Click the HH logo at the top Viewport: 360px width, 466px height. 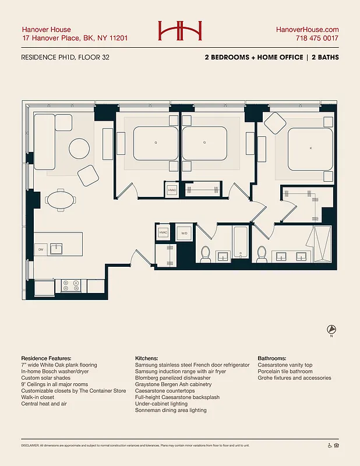coord(180,31)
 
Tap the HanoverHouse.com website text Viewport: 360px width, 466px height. coord(307,29)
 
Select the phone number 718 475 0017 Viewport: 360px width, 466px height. coord(317,38)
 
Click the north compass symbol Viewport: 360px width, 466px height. coord(331,329)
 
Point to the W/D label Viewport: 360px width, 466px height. coord(185,234)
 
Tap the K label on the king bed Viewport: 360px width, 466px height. coord(310,149)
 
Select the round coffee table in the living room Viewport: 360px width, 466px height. coord(80,148)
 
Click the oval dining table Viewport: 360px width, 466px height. coord(61,200)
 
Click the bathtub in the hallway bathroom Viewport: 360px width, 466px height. coord(241,242)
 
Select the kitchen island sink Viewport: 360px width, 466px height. coord(57,249)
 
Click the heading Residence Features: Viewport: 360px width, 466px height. coord(46,358)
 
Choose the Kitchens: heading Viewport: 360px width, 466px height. coord(149,358)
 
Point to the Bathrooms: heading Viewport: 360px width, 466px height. coord(271,358)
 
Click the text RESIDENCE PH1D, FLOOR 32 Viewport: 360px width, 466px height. coord(65,58)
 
